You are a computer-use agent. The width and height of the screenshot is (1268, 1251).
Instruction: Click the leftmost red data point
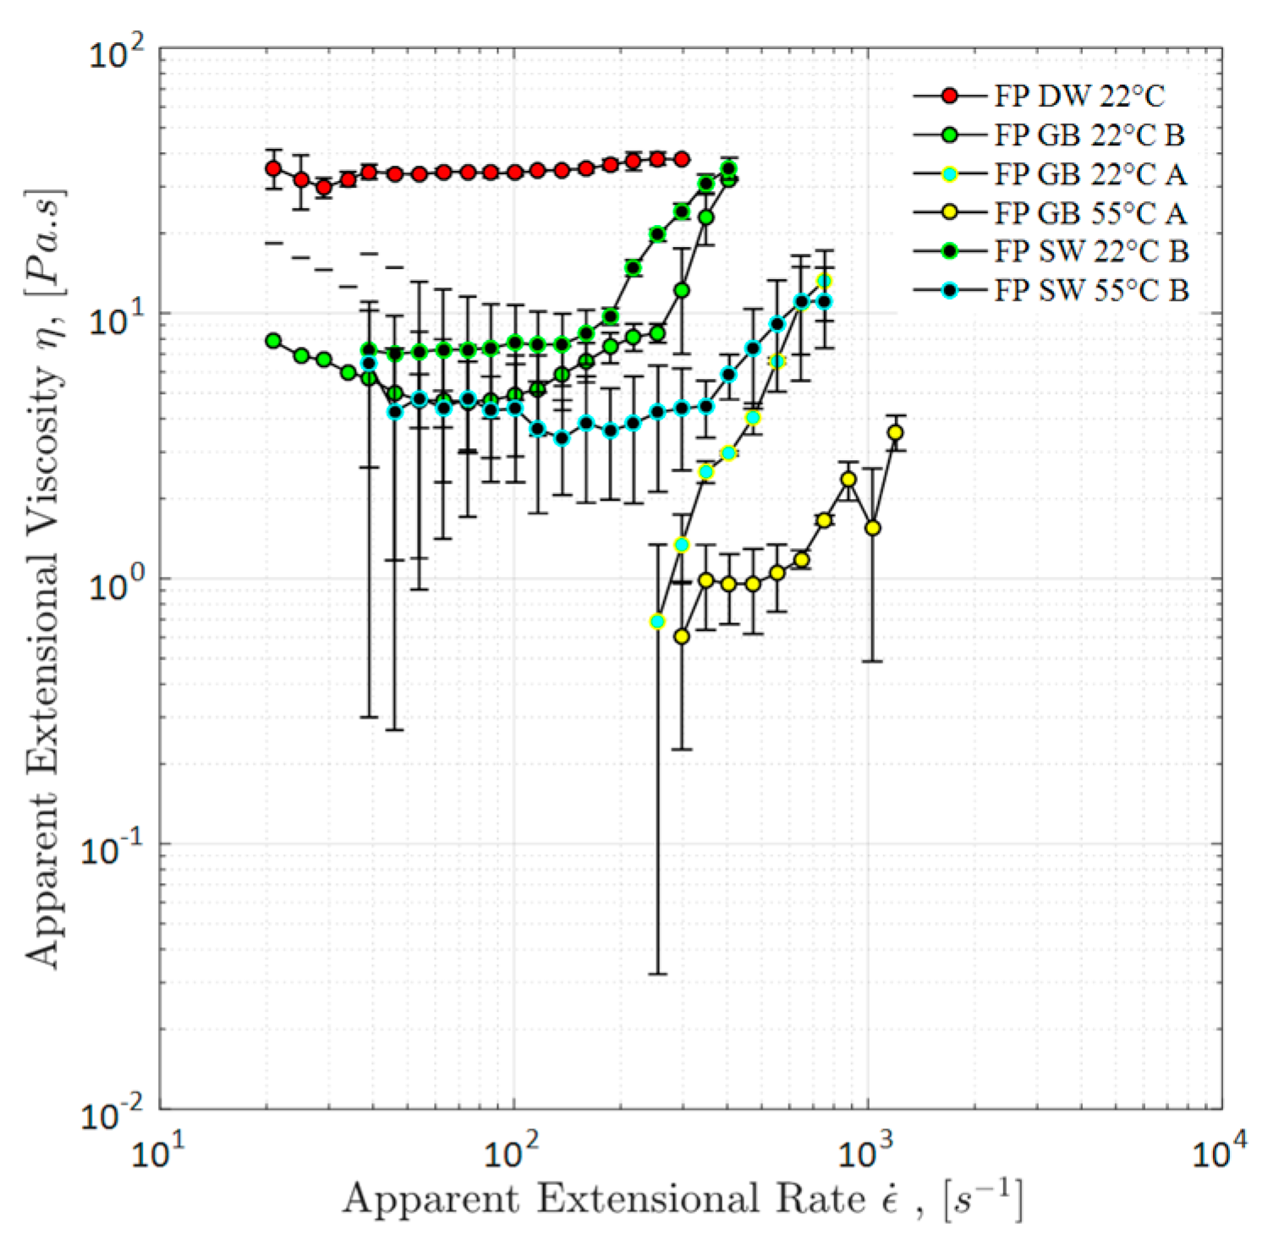pos(273,168)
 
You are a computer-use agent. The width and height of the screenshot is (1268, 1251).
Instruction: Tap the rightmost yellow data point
pos(895,433)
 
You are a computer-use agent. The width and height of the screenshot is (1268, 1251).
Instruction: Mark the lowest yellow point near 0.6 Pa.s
pos(682,636)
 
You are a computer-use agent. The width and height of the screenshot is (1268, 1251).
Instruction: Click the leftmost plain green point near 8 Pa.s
pos(273,340)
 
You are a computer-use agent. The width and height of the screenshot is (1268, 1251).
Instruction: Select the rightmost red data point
pos(682,159)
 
